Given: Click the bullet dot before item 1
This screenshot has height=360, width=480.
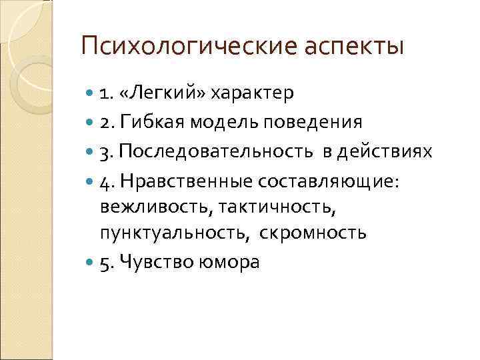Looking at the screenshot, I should [91, 93].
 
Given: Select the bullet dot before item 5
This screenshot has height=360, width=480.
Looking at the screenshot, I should [91, 263].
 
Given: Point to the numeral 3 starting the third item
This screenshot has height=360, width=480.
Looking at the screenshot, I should [105, 153].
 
